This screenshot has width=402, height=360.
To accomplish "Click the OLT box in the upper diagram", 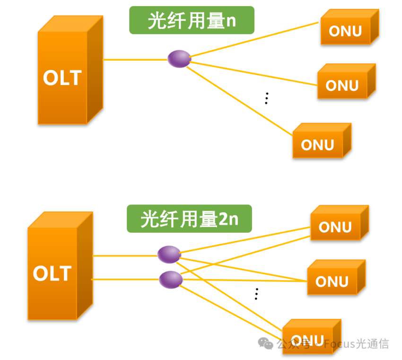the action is tap(70, 70).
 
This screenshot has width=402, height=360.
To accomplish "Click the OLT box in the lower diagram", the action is tap(60, 266).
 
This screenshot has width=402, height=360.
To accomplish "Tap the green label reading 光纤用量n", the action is tap(192, 20).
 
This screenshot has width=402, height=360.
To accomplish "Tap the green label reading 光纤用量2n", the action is tap(190, 219).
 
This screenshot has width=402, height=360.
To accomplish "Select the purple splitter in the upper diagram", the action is tap(179, 59).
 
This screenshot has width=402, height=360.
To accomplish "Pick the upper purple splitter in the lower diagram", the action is tap(169, 255).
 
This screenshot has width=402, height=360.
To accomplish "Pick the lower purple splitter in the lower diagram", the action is tap(171, 280).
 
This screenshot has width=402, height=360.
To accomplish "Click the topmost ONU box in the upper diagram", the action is tap(350, 27).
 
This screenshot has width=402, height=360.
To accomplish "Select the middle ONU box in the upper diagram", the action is tap(347, 81).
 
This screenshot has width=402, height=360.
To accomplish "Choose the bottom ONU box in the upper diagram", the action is tap(322, 140).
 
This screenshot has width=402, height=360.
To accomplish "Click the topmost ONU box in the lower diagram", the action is tap(340, 223).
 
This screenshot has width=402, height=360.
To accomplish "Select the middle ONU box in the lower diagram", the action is tap(336, 277).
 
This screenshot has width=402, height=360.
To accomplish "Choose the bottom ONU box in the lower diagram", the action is tap(312, 337).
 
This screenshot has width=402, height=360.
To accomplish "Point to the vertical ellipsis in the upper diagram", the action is tap(267, 98).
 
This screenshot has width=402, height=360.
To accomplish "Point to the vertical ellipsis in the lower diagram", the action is tap(256, 294).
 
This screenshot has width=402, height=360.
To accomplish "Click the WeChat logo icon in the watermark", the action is tap(265, 343).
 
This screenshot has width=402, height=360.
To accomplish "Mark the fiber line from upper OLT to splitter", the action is tap(135, 60).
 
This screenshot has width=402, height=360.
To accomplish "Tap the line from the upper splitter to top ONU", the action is tap(254, 39).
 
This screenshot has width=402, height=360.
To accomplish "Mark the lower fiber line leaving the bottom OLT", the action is tap(125, 279).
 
